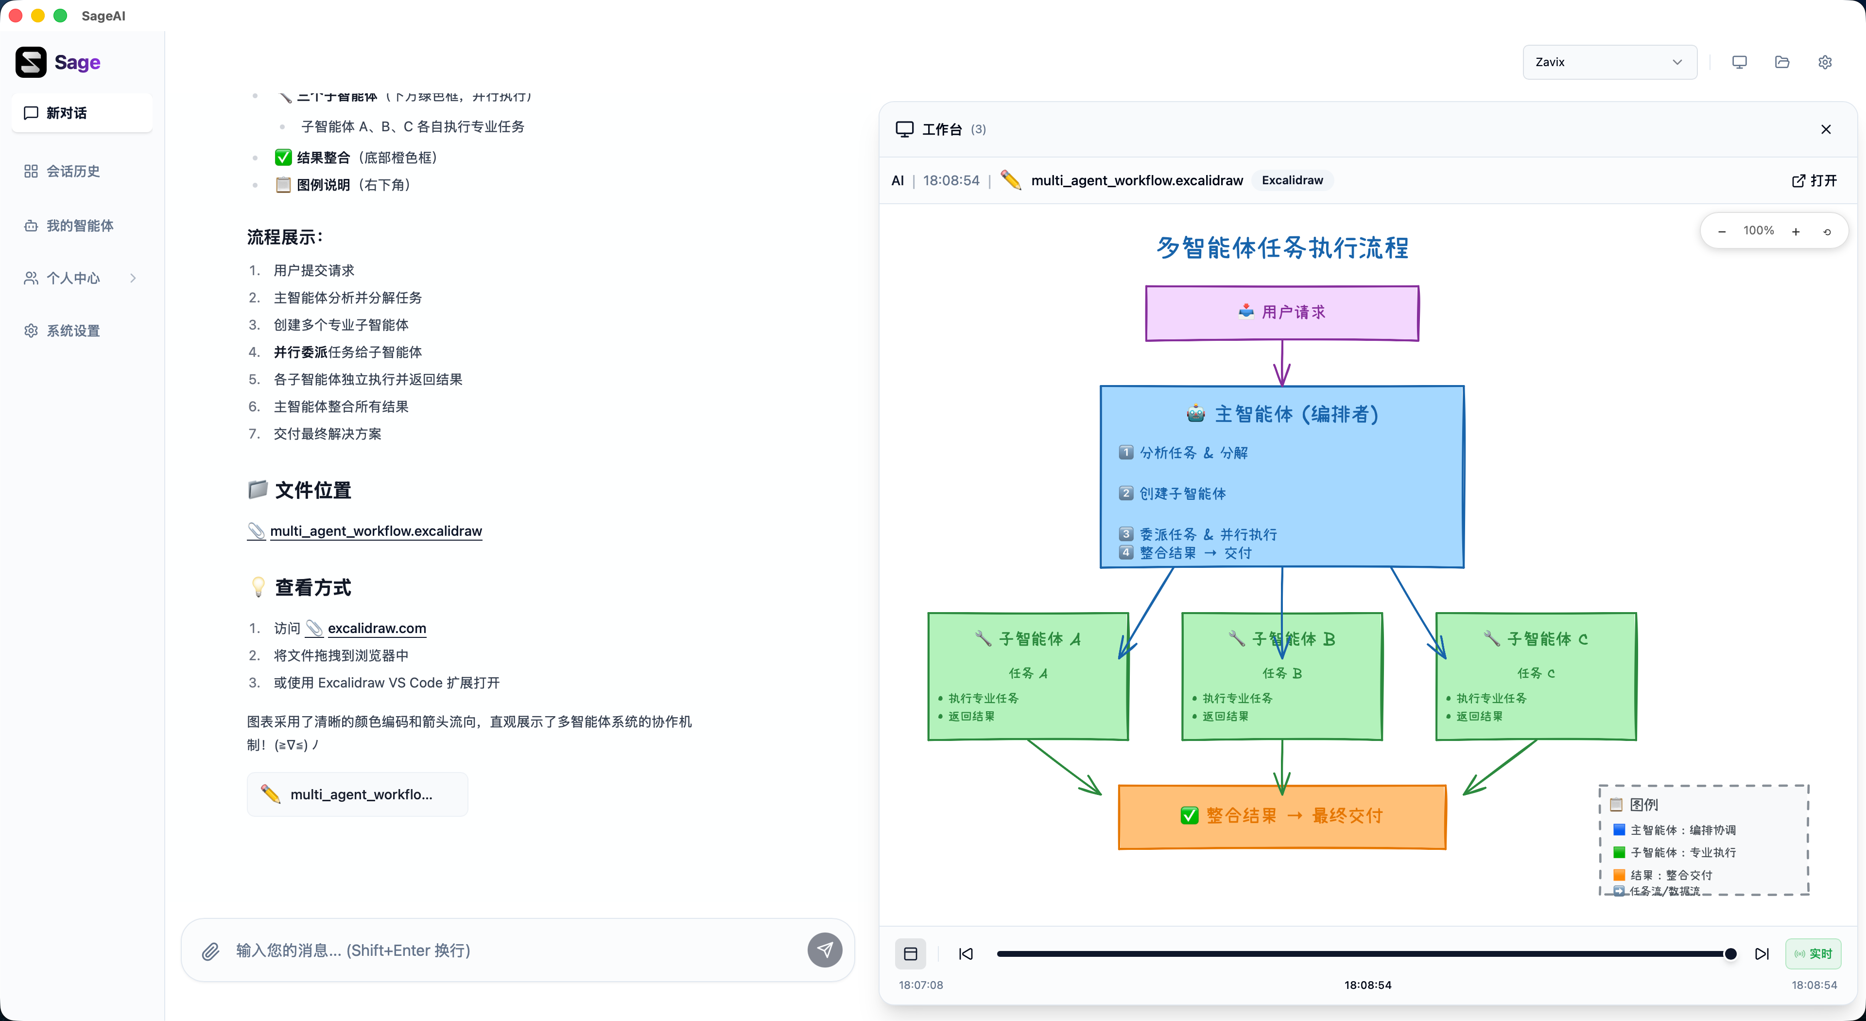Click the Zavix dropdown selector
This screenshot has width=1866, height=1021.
1609,62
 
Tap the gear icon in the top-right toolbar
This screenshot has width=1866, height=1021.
1825,62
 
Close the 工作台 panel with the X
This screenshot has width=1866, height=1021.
1826,129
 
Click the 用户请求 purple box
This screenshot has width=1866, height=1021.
1281,312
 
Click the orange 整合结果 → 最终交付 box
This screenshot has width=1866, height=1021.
1281,816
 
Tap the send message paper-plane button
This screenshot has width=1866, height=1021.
824,950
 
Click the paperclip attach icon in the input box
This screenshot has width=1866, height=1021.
210,951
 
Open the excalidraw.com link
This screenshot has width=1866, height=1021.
377,628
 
